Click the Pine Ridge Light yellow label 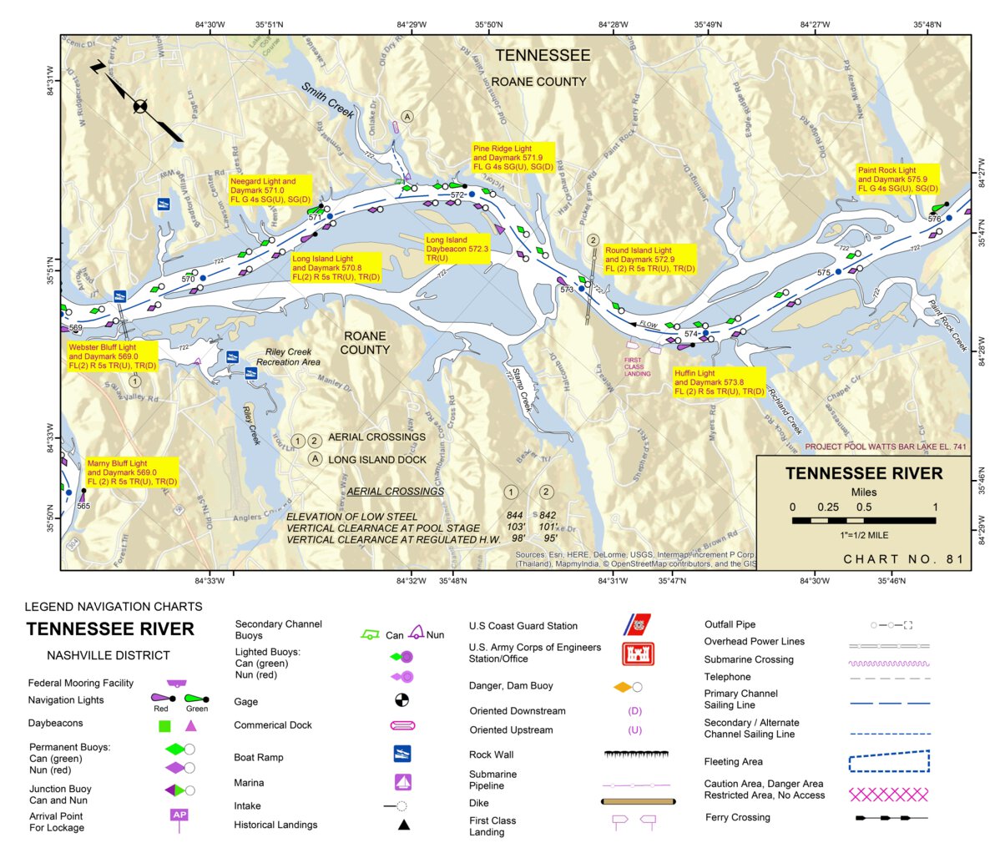(x=513, y=159)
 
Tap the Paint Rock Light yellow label (x=898, y=179)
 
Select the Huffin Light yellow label (x=720, y=382)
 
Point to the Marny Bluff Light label (x=132, y=472)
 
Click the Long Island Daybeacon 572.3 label (x=457, y=250)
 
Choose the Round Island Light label (x=650, y=260)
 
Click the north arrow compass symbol (x=139, y=105)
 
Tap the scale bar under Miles (x=864, y=520)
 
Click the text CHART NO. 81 (x=903, y=559)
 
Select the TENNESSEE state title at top (x=543, y=56)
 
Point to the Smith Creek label (x=328, y=99)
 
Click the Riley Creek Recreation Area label (x=288, y=357)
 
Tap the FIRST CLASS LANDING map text (x=637, y=366)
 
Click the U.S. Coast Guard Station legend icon (x=637, y=624)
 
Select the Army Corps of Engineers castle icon (x=637, y=653)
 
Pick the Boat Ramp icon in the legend (x=402, y=755)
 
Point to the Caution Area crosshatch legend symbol (x=888, y=793)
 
